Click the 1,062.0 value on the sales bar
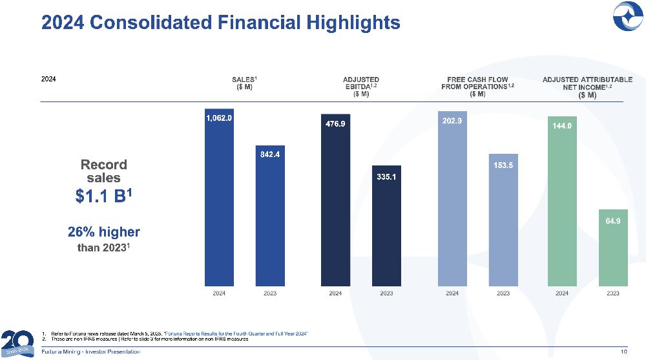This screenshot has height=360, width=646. (x=219, y=118)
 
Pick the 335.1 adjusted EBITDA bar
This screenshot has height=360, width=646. (x=386, y=226)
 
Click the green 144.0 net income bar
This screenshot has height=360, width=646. (x=562, y=200)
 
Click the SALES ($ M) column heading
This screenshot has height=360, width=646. (x=245, y=83)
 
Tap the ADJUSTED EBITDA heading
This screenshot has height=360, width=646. (x=361, y=87)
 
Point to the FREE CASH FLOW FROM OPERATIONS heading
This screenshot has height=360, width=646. (x=477, y=87)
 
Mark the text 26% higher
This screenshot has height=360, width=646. (x=104, y=231)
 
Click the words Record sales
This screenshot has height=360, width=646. (x=104, y=171)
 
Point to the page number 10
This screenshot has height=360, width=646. (x=623, y=352)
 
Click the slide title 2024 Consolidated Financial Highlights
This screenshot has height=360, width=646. (x=220, y=23)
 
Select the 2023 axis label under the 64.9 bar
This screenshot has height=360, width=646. (x=613, y=293)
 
